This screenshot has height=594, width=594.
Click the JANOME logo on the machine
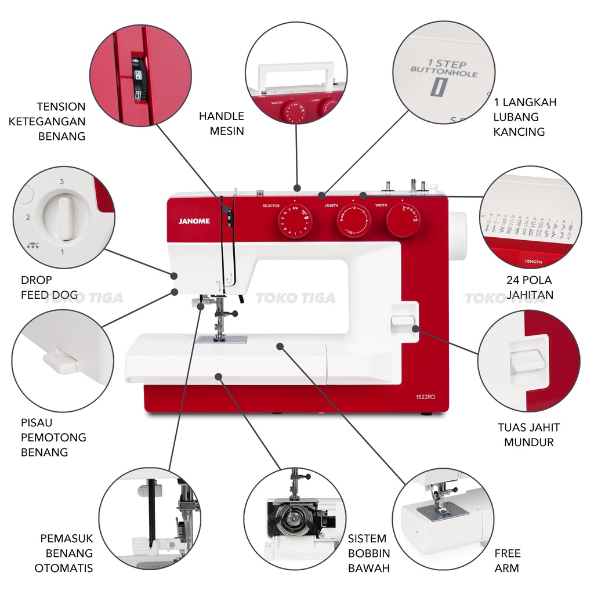[198, 220]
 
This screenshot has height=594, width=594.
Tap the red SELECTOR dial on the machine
[295, 220]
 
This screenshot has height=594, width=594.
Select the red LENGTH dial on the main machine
[354, 221]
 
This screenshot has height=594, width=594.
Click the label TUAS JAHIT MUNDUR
[528, 434]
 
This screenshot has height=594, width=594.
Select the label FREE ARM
[508, 560]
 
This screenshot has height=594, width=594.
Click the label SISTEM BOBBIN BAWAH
[369, 553]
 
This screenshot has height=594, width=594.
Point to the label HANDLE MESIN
[222, 124]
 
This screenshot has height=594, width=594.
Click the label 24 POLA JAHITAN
[529, 287]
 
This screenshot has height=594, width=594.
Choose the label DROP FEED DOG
[49, 288]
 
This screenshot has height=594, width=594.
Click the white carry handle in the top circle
[295, 73]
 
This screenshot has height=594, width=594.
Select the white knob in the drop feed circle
[66, 217]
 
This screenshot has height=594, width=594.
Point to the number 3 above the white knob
[61, 182]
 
